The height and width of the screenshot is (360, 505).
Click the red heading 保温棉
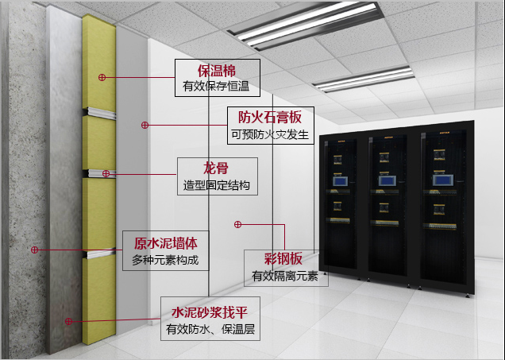[217, 71]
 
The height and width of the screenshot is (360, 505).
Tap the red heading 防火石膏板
[270, 118]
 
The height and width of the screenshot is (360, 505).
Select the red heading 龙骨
[216, 168]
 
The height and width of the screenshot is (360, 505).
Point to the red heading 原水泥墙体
[165, 244]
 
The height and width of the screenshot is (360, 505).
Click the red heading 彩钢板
[283, 259]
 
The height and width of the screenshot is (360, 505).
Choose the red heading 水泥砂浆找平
[210, 312]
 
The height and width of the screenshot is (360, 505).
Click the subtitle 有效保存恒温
[216, 86]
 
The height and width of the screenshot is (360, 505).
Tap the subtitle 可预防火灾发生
[270, 134]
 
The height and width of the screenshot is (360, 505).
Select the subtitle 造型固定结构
[217, 185]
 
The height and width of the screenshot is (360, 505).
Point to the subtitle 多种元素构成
[165, 260]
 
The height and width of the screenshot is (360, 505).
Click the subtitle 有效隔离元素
[285, 277]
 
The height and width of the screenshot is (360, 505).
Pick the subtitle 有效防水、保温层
[210, 329]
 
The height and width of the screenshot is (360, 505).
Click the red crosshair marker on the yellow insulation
[102, 77]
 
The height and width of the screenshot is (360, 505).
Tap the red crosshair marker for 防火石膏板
[145, 125]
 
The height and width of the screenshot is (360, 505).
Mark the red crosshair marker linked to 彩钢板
[237, 224]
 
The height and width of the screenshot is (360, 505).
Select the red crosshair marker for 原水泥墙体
[34, 250]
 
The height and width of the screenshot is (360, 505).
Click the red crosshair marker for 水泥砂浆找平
[68, 321]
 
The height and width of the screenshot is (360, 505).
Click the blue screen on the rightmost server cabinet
[442, 180]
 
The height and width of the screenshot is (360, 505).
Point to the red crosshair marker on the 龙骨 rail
[106, 174]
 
